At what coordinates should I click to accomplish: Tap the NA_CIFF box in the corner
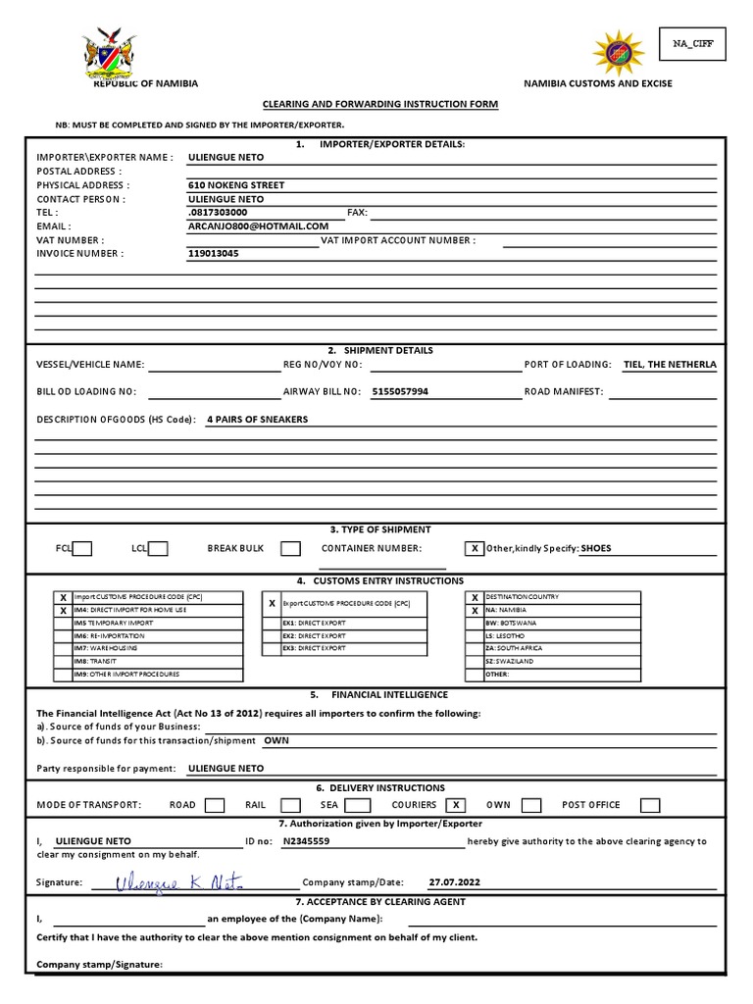[x=692, y=44]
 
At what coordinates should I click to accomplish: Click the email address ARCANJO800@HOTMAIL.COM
[x=259, y=226]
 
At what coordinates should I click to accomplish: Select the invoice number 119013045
[x=213, y=253]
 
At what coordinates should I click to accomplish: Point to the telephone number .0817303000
[x=218, y=212]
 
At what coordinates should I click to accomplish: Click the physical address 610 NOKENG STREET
[x=236, y=184]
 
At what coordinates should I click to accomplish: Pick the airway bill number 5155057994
[x=400, y=392]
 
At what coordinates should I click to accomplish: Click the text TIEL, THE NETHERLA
[x=670, y=365]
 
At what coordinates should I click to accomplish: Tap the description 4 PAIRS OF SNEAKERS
[x=257, y=420]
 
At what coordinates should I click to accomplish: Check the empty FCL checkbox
[x=82, y=549]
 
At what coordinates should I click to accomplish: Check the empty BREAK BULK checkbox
[x=290, y=549]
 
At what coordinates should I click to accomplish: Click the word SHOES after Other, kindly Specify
[x=595, y=548]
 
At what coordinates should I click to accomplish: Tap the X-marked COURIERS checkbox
[x=454, y=805]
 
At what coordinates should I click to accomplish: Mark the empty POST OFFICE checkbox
[x=650, y=805]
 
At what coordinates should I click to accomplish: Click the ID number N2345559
[x=306, y=841]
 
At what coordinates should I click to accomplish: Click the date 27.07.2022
[x=455, y=881]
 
